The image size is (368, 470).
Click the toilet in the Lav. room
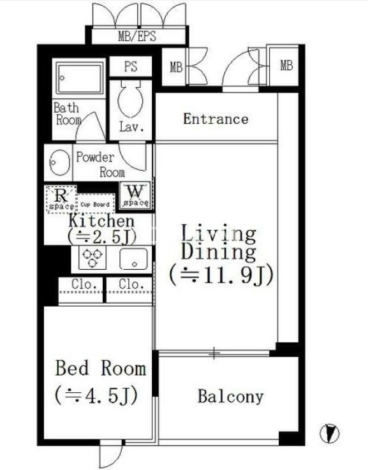point(129,98)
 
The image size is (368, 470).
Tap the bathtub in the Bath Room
point(80,78)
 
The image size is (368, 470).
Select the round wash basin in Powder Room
point(59,162)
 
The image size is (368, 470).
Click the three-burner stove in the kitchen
point(92,258)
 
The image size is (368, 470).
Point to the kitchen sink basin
point(134,259)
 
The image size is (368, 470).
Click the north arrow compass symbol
point(329,434)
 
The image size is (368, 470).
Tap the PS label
point(131,66)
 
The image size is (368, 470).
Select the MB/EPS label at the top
point(137,36)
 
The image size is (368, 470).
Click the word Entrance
point(216,119)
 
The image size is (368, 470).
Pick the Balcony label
point(230,397)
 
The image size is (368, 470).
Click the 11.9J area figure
point(221,274)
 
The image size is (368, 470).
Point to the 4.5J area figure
point(96,395)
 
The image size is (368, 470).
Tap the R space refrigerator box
point(61,200)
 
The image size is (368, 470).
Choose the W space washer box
point(135,195)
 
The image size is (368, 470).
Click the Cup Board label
point(95,205)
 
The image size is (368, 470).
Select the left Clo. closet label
point(84,284)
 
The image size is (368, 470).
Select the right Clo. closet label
point(131,284)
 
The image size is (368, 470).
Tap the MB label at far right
point(286,65)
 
